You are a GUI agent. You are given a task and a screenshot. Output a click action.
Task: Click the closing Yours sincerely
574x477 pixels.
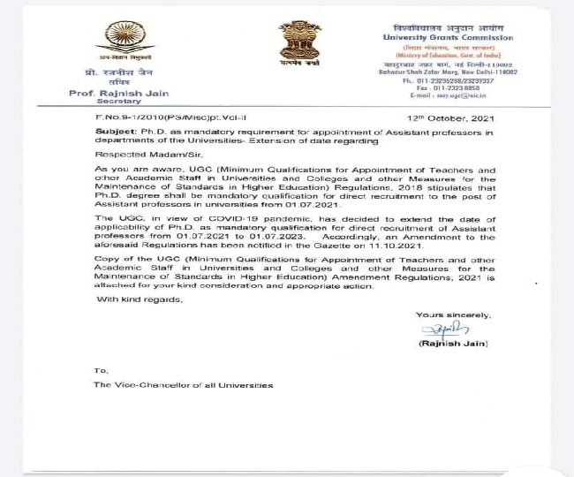[x=453, y=314]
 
